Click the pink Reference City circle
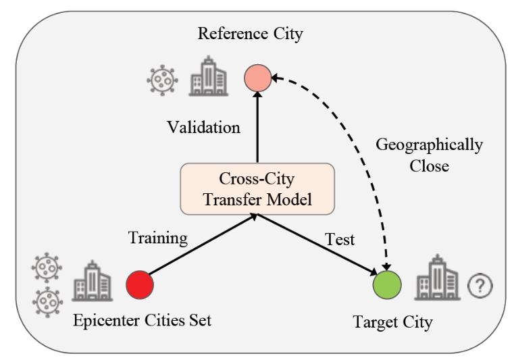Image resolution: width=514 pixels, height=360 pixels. [x=257, y=78]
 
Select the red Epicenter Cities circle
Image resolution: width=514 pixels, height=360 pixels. [x=140, y=284]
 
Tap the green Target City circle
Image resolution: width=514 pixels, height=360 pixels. [x=387, y=284]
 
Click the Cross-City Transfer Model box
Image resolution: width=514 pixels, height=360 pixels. [x=257, y=189]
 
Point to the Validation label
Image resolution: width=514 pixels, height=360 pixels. [x=203, y=127]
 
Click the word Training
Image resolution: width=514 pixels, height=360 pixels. [x=158, y=238]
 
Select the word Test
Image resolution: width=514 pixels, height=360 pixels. [x=340, y=239]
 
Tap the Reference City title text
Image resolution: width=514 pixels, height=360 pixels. [x=251, y=34]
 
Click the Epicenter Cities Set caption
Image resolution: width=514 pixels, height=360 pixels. [x=143, y=320]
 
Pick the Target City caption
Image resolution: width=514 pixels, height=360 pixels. [x=392, y=322]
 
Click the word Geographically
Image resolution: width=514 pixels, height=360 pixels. [x=429, y=145]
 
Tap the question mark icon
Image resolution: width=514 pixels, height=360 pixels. [x=480, y=286]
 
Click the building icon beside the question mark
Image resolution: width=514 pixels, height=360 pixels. [x=437, y=278]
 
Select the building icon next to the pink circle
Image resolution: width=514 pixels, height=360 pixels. [x=209, y=76]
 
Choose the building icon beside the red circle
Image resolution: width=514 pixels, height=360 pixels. [x=93, y=281]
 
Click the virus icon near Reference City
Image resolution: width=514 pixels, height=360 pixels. [x=163, y=80]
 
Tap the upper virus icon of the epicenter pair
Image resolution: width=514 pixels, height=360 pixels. [x=47, y=267]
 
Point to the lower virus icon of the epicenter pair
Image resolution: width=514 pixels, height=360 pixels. [x=47, y=302]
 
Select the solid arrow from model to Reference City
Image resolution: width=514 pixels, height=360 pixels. [x=257, y=127]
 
